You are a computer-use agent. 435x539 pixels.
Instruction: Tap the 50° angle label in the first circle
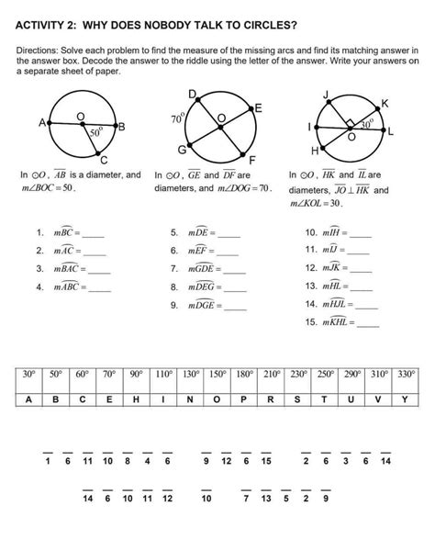pos(95,132)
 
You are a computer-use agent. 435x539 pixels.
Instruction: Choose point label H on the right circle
pos(315,150)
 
